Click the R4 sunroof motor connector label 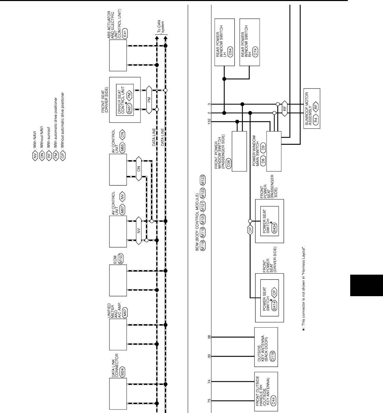pyautogui.click(x=316, y=119)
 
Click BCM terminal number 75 pyautogui.click(x=209, y=401)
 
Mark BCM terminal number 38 pyautogui.click(x=209, y=337)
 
